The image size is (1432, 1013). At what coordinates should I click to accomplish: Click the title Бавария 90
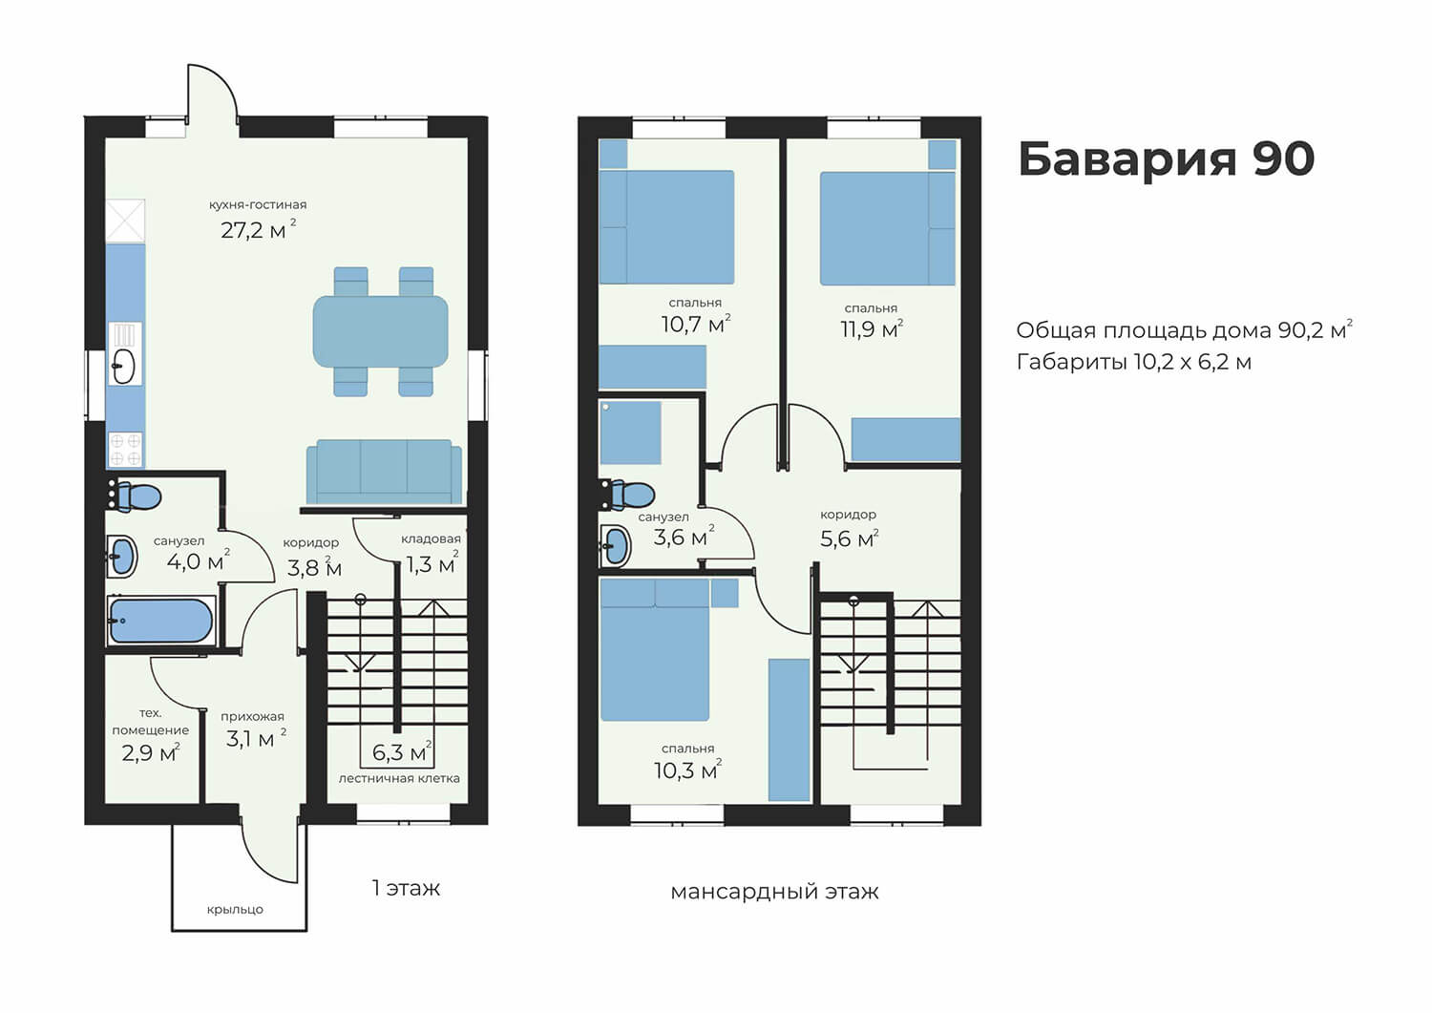1166,158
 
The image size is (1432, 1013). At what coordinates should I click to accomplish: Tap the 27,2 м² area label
259,229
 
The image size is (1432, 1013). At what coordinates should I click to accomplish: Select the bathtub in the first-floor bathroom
161,621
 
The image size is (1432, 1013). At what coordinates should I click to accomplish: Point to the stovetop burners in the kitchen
125,449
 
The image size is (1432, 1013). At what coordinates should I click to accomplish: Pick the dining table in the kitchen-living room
380,331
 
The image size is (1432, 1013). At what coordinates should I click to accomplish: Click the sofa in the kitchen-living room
384,472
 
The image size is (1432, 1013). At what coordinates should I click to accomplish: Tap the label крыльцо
235,909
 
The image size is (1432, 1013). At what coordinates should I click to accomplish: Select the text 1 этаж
406,888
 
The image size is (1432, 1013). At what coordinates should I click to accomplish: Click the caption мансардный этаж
775,892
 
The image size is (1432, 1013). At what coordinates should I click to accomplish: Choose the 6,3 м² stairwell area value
402,752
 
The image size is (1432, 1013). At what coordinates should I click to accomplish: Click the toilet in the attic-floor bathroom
628,495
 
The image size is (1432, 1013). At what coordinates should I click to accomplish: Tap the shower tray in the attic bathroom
630,433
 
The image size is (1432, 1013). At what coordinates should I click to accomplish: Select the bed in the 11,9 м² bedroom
887,228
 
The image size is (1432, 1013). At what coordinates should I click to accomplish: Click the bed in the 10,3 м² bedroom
655,650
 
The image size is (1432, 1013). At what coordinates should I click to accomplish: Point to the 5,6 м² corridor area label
849,538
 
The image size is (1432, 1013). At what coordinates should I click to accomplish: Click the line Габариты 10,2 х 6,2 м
1134,362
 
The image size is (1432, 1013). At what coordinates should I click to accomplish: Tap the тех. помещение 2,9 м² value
151,752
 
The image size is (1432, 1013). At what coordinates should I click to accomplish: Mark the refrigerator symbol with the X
125,222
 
